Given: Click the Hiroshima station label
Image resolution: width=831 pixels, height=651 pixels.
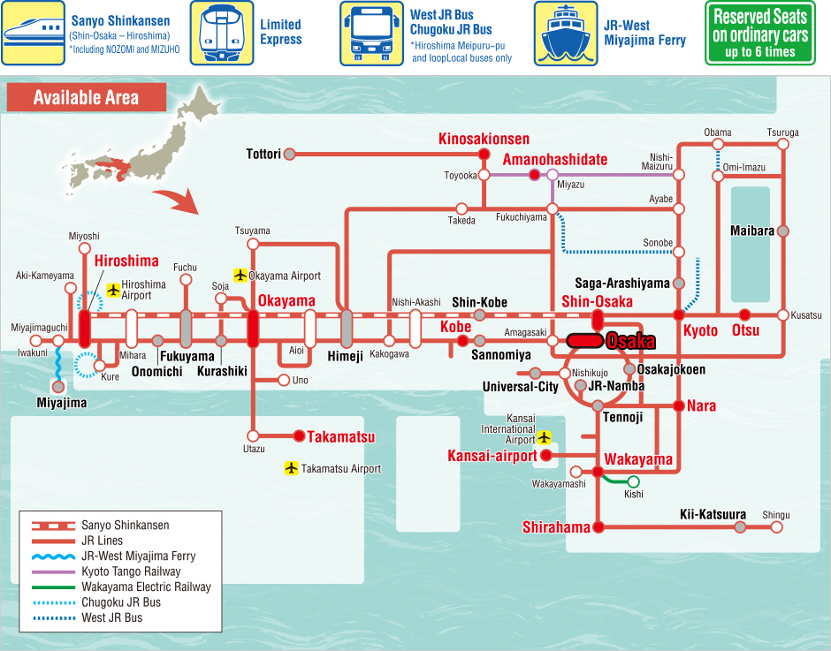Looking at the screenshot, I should coord(126,261).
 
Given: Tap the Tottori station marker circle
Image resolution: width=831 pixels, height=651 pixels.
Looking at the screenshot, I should coord(289,154).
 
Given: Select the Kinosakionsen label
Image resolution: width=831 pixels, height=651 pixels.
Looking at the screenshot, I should coord(484,139).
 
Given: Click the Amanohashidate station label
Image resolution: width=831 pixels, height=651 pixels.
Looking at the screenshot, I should coord(555,160).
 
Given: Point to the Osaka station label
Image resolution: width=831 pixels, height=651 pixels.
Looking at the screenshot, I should coord(630,341).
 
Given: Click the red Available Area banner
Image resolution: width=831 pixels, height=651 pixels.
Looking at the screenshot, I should coord(86,97).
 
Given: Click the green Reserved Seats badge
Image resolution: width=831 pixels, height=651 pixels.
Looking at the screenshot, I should coord(759,34).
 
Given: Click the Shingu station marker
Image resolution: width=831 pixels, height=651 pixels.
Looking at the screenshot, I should coord(777,527).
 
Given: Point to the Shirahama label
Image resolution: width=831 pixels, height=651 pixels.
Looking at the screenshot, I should coord(556,527).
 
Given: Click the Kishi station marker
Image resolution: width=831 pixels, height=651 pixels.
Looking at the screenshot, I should coord(633,481).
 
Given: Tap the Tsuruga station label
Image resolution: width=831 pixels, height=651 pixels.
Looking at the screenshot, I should coord(782,132).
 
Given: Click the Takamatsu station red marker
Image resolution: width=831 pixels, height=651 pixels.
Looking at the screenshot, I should coord(299,435).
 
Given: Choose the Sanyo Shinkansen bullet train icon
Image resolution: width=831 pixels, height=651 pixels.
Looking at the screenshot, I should coord(33,33).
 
